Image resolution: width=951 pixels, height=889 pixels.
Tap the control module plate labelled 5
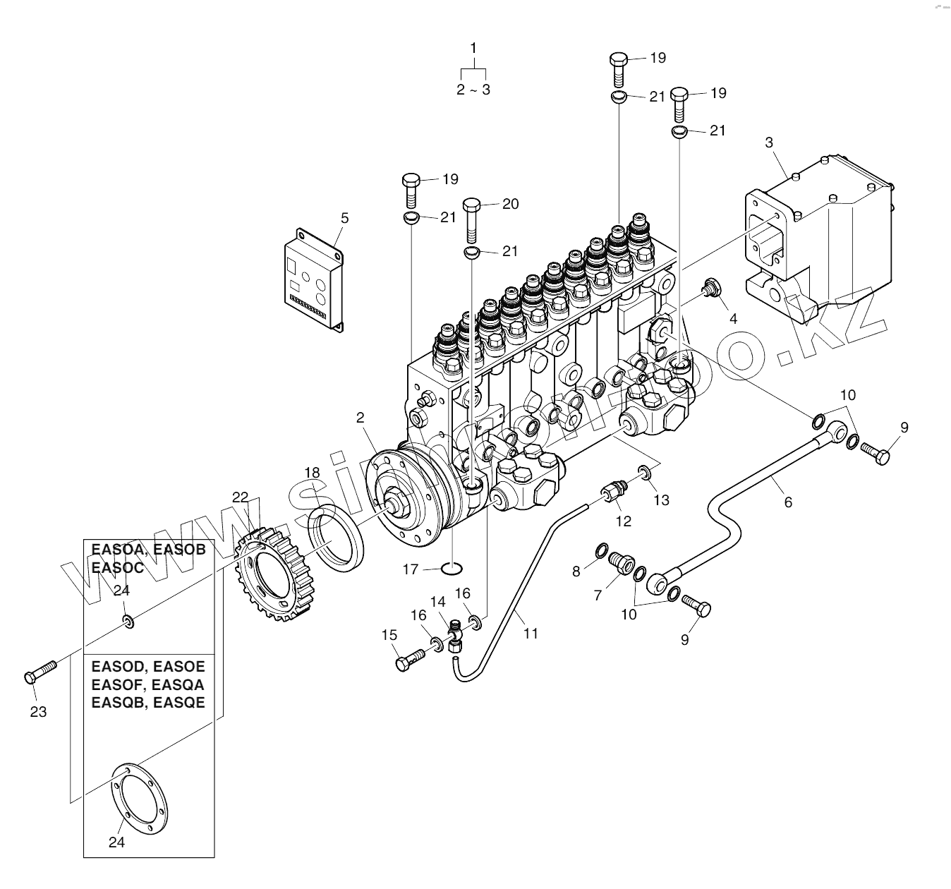[x=314, y=277]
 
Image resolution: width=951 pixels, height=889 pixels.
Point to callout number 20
[x=510, y=204]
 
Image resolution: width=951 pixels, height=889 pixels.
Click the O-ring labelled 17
[x=452, y=569]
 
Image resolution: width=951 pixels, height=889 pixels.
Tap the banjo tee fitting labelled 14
[x=456, y=630]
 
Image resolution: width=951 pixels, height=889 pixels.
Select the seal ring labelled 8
[x=600, y=550]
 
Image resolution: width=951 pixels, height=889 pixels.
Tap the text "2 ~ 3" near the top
[x=473, y=90]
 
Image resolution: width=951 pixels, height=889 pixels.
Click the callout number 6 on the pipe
[x=788, y=502]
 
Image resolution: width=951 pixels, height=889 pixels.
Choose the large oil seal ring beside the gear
[x=338, y=541]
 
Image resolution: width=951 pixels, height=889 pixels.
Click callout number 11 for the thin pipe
[x=531, y=634]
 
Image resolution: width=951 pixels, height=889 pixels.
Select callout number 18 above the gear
[x=312, y=472]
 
